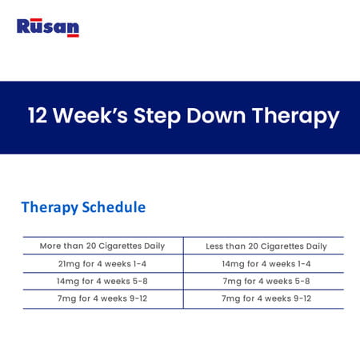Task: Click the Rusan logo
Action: point(48,27)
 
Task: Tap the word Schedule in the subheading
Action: point(114,207)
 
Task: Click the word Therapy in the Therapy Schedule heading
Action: point(50,207)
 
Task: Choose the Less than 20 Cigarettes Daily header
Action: point(266,246)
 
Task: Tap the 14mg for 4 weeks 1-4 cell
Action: point(266,263)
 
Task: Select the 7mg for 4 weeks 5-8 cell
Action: point(266,281)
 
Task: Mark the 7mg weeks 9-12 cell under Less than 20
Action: point(266,298)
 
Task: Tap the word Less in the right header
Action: point(216,246)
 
